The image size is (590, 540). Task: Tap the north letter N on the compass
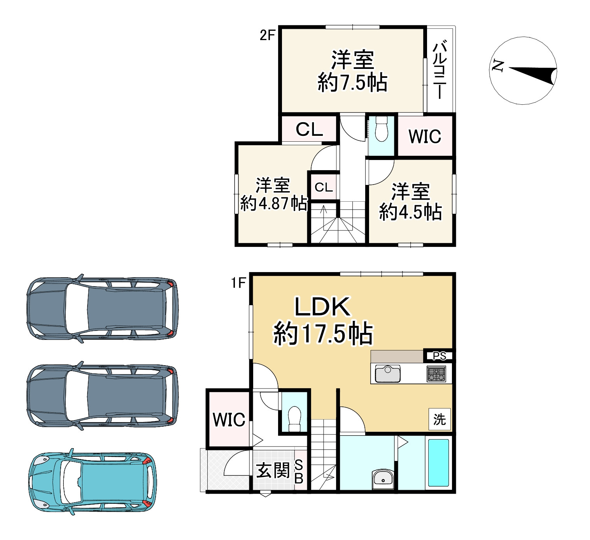point(498,66)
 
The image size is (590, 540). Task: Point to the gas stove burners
point(436,374)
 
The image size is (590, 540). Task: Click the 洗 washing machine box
point(439,419)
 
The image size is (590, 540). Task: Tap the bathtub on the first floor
point(438,463)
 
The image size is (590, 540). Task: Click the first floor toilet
point(295,419)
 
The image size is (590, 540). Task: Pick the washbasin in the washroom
point(383,479)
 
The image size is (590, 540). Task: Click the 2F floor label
point(267,35)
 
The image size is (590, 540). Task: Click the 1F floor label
point(238,283)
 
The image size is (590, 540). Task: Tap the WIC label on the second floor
point(425,137)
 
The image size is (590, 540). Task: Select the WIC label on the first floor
point(229,420)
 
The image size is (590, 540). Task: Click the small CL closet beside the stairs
point(324,187)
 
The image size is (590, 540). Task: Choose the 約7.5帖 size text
point(352,83)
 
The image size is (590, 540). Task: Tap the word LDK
point(322,306)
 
